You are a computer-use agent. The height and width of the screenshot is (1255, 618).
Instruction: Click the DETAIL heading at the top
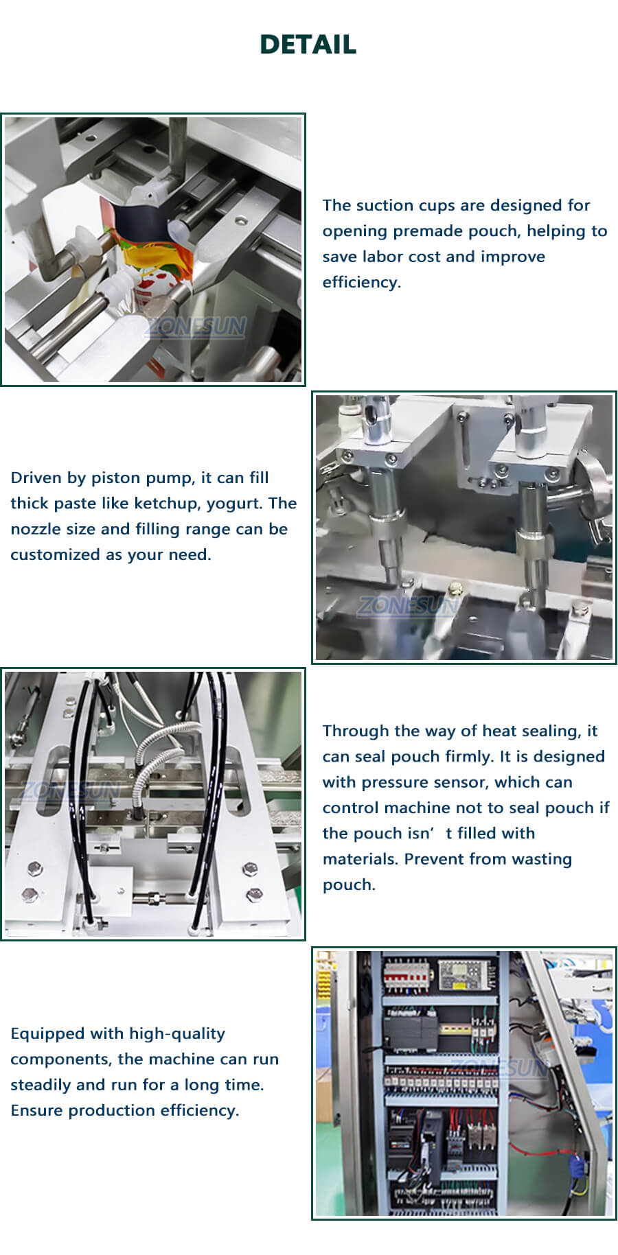coord(308,45)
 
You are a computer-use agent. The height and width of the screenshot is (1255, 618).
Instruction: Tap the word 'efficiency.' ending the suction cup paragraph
coord(361,282)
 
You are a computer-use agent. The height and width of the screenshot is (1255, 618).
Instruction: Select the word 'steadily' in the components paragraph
coord(41,1085)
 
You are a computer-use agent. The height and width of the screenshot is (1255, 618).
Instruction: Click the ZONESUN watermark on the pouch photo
coord(197,327)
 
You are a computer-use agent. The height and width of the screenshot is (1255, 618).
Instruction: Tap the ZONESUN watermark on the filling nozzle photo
coord(408,605)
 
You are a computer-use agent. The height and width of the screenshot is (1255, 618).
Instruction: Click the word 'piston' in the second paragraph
coord(116,478)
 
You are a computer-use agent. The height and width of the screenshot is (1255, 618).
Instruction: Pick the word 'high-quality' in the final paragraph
coord(177,1033)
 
